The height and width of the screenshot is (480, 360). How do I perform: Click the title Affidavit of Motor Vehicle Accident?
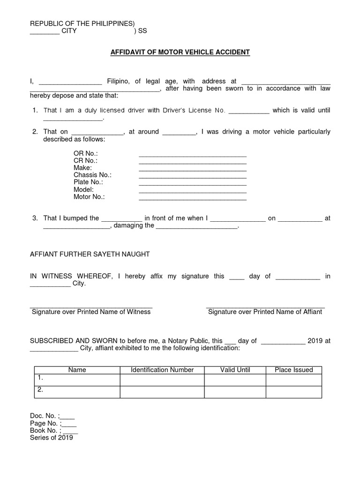(x=180, y=52)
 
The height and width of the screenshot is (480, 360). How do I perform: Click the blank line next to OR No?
(x=192, y=155)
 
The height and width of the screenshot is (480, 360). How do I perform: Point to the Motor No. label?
(x=89, y=197)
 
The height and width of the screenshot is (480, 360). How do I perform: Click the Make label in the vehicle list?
(x=82, y=168)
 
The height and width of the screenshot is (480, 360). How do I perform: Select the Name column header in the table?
(x=77, y=370)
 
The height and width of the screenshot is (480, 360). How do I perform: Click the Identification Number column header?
(x=162, y=370)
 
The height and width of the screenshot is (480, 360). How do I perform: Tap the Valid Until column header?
(x=235, y=370)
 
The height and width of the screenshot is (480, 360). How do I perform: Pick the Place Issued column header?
(x=294, y=370)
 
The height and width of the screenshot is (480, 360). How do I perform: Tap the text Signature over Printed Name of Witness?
(x=91, y=312)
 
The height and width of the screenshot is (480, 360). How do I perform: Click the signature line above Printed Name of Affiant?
(x=265, y=307)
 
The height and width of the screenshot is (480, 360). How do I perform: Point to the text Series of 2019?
(x=52, y=438)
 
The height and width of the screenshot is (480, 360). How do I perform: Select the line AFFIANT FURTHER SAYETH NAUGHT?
(x=90, y=254)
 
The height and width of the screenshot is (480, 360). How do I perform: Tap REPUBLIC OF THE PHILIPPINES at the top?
(x=82, y=23)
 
